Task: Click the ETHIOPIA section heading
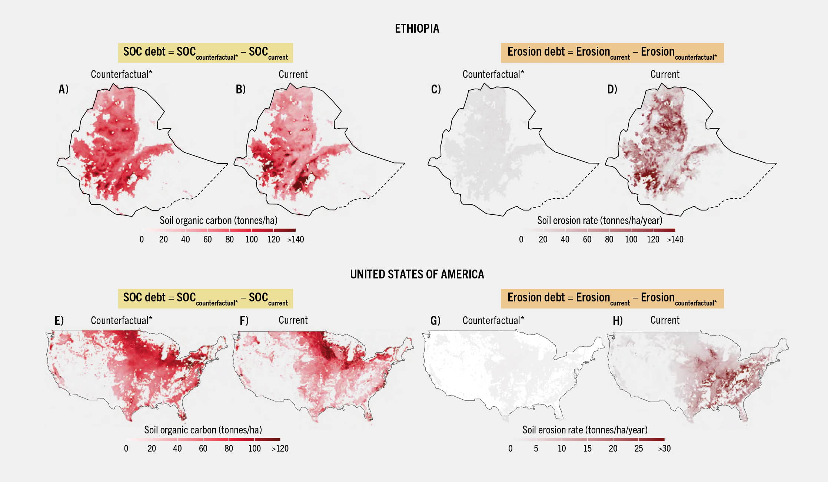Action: pos(417,29)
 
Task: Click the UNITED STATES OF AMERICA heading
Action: pos(417,274)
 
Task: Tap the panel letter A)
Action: pos(63,89)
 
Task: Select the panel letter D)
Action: pos(612,89)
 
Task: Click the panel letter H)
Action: pos(618,320)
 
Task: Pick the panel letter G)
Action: pos(435,320)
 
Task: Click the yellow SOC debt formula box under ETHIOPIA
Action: pos(205,53)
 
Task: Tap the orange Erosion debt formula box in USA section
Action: pos(612,298)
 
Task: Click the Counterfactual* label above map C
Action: pos(493,75)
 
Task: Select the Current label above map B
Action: pos(293,75)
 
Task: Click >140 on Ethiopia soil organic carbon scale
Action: pos(295,240)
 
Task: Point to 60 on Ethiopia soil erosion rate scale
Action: pos(587,240)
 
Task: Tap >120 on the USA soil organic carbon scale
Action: pos(280,449)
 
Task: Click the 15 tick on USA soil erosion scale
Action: pos(587,449)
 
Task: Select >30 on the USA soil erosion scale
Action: pos(664,449)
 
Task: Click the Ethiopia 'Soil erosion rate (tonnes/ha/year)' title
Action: pos(599,221)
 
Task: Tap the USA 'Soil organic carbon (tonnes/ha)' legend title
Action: pos(203,430)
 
